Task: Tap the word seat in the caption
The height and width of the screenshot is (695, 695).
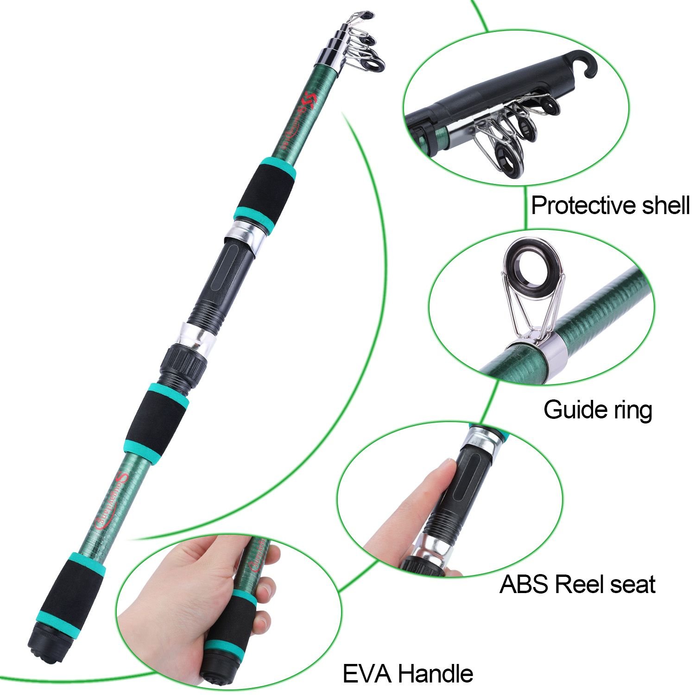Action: tap(632, 585)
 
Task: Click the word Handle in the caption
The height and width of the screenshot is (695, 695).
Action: tap(437, 673)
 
